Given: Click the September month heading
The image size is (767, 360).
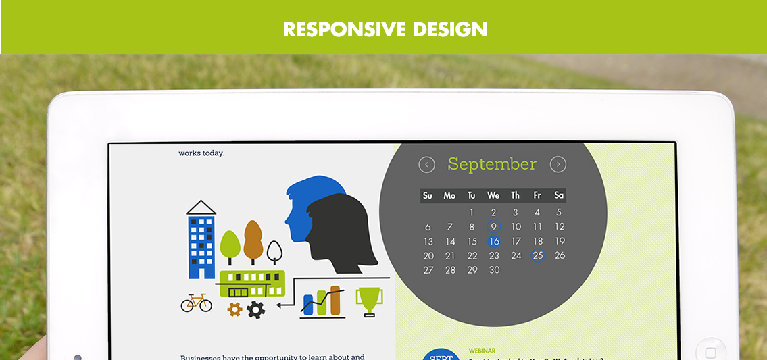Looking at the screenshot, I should (x=492, y=164).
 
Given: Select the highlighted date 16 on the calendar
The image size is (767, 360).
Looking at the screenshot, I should (x=494, y=241).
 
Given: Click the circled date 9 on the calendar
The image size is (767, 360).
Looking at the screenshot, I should (x=494, y=227).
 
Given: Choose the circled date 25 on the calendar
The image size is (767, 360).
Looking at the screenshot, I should (x=538, y=255).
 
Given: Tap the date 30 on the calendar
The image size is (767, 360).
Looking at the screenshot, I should (x=494, y=270).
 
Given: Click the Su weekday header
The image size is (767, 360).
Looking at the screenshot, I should (x=428, y=195).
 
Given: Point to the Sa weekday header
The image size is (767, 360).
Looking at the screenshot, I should (x=559, y=195).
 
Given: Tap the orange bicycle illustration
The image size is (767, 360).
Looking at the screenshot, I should (x=196, y=303).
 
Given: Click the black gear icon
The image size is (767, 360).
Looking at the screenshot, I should (x=255, y=310).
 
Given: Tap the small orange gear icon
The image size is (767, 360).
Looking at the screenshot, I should (x=234, y=309).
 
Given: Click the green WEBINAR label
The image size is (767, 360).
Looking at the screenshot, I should (x=482, y=351).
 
